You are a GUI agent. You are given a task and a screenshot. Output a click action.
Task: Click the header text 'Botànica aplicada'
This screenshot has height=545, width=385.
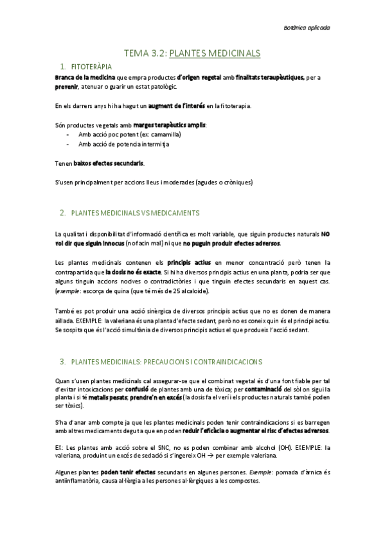click(x=306, y=28)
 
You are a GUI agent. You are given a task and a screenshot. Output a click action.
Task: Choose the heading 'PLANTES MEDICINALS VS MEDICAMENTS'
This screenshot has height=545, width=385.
click(x=135, y=213)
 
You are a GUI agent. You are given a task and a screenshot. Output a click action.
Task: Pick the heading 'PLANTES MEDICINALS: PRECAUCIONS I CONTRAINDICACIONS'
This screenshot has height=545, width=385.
click(x=164, y=361)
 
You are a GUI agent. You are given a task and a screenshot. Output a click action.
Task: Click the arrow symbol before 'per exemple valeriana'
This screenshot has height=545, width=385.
click(x=237, y=456)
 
